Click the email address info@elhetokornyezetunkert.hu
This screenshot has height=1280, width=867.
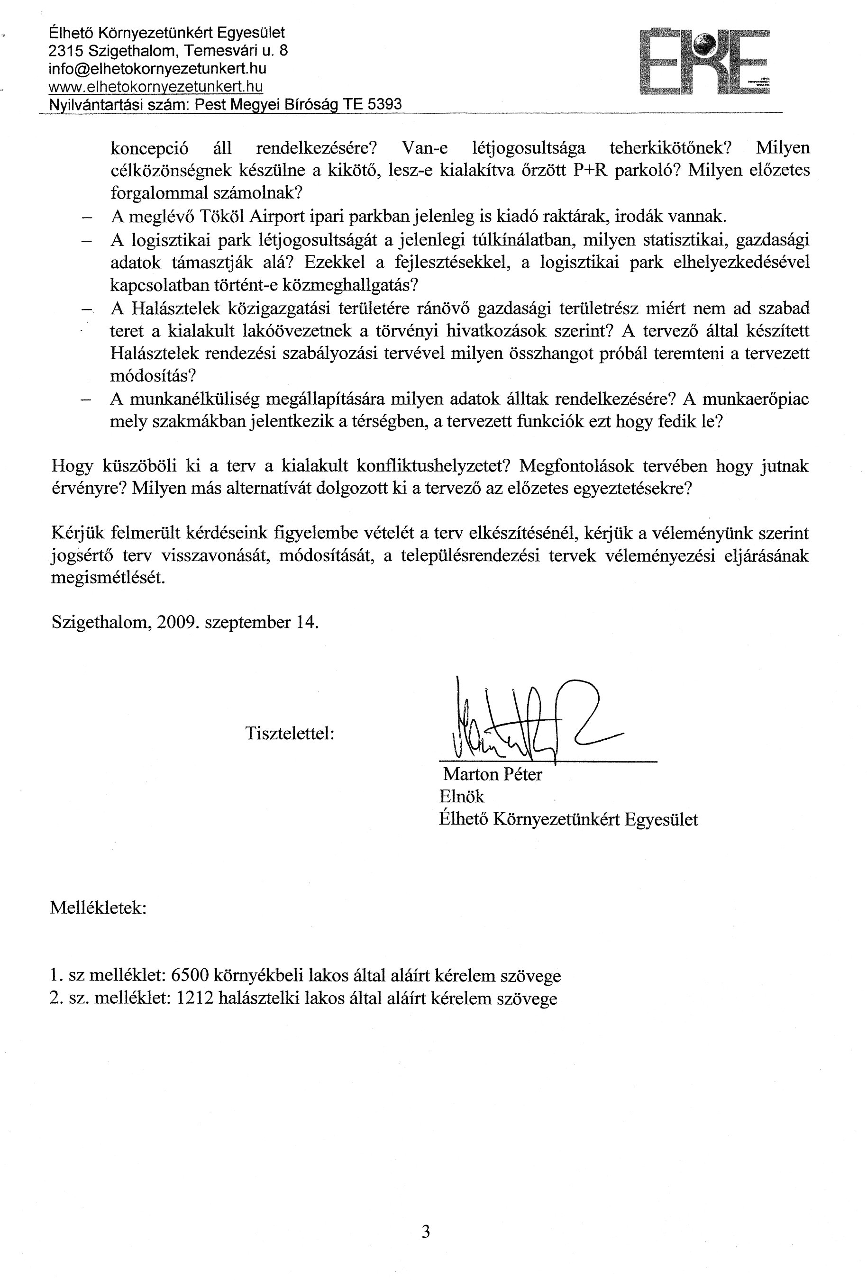point(157,69)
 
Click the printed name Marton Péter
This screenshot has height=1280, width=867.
point(493,774)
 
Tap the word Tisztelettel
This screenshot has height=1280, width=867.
point(290,733)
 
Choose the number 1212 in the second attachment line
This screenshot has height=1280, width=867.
point(194,999)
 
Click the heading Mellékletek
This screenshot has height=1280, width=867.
point(98,907)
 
